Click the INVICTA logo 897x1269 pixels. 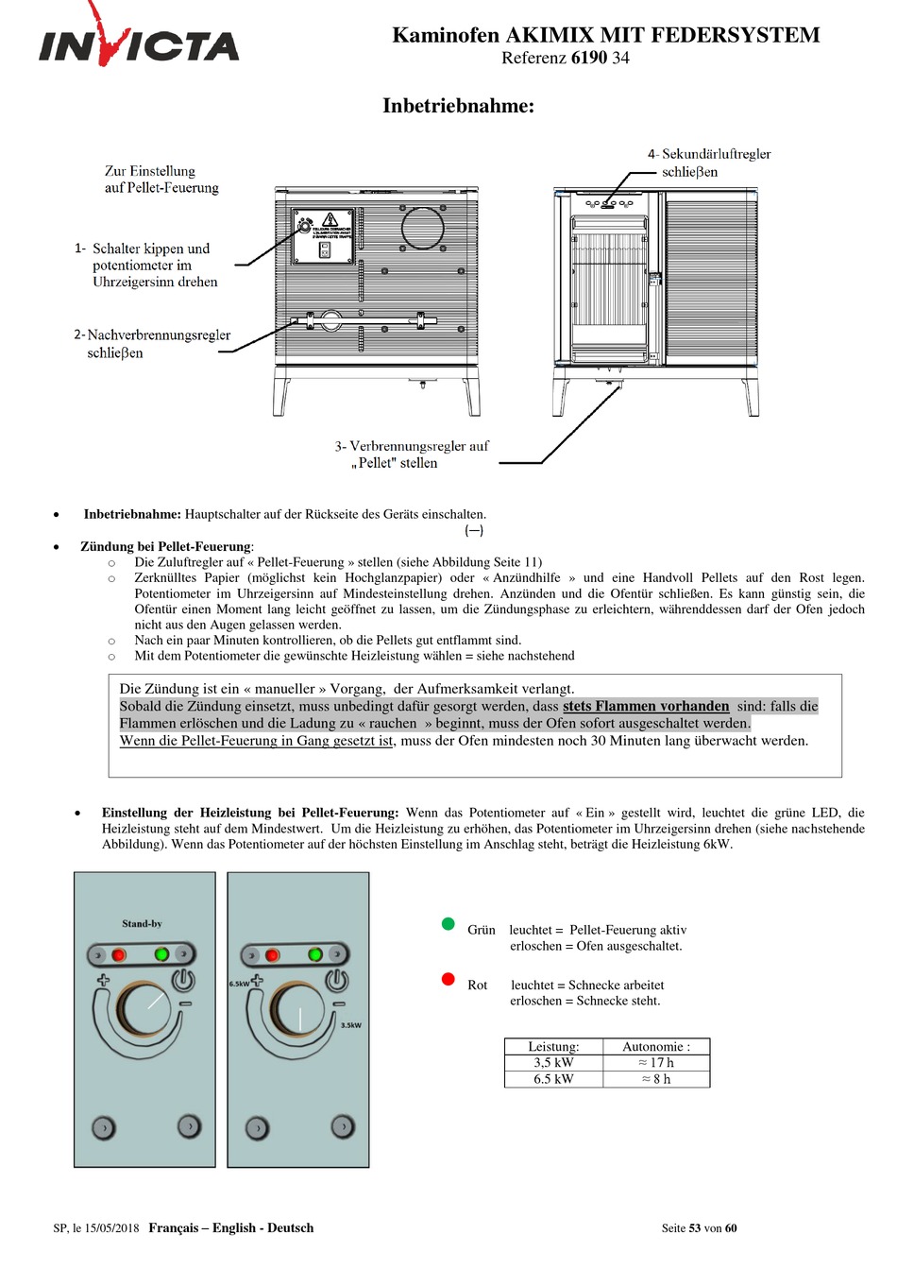(139, 43)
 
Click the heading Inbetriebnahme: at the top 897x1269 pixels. (458, 106)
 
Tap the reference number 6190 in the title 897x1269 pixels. (589, 58)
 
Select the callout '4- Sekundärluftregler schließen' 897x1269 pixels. (708, 163)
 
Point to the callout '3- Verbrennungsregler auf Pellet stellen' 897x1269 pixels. (412, 454)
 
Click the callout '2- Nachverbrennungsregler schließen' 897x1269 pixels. (152, 344)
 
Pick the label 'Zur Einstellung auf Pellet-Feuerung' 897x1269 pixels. (161, 180)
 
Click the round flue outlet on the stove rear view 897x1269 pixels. (422, 228)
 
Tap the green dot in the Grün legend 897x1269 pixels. (448, 924)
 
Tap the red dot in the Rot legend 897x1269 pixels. (448, 979)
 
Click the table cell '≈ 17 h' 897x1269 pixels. (656, 1063)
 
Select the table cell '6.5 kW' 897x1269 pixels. (553, 1079)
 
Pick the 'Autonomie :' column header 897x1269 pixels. (656, 1047)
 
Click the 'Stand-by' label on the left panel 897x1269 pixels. (142, 924)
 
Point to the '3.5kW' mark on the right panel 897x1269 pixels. (350, 1025)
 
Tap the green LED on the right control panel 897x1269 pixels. (315, 955)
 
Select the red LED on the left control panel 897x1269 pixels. (119, 955)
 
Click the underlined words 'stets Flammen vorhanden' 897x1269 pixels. (646, 706)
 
